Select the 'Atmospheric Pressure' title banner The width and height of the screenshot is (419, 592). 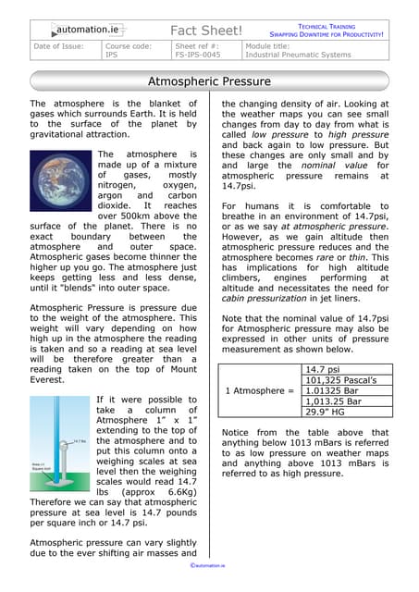coord(210,81)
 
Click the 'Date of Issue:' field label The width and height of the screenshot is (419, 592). coord(58,45)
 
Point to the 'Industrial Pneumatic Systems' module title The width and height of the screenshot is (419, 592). coord(298,55)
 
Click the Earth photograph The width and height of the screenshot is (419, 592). coord(60,185)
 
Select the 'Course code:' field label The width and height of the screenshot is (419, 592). coord(129,45)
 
